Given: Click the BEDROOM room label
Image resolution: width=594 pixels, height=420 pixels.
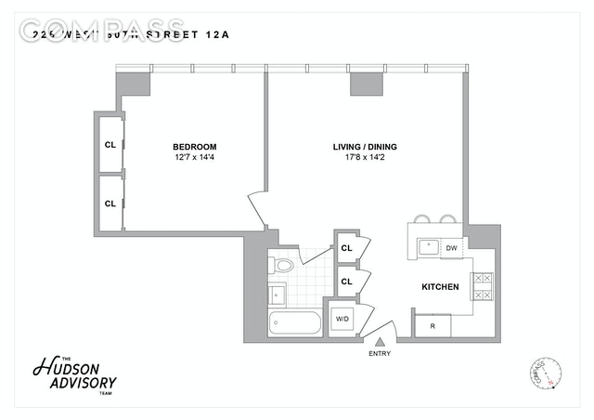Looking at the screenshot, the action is tap(195, 147).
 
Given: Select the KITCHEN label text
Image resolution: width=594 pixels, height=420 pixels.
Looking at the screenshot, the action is tap(441, 287).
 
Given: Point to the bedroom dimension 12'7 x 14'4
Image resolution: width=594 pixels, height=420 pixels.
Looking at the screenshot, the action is tap(195, 158).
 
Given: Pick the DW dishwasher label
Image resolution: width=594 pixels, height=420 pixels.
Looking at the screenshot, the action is tap(452, 248).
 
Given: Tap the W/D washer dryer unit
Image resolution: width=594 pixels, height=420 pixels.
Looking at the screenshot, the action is tap(342, 320).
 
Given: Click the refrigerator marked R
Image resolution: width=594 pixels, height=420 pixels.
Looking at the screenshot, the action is tap(433, 326).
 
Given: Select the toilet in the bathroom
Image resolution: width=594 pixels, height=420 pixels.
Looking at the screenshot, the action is tap(282, 266).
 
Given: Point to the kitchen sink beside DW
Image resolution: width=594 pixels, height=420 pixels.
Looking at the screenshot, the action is tap(429, 247).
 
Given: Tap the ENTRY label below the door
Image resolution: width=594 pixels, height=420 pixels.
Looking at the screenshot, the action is tap(380, 354).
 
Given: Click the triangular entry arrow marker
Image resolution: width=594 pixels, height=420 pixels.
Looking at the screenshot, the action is tap(379, 342).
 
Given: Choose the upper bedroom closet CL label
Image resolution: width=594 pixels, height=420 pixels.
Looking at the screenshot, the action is tap(110, 144).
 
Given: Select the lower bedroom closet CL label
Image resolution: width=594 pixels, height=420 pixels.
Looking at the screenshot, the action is tap(110, 203).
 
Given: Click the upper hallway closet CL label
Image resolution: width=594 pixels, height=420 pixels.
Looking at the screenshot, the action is tap(346, 248).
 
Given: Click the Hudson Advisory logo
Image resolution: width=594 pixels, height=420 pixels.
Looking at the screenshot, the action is tap(74, 376).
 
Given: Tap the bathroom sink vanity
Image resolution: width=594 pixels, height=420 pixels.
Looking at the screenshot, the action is tap(278, 295).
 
